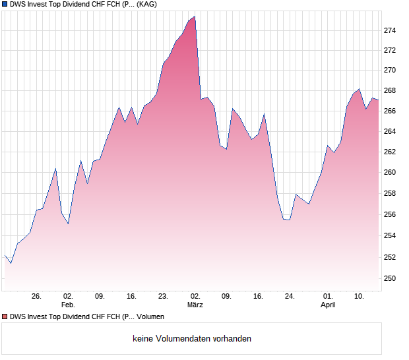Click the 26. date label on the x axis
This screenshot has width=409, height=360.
tap(36, 296)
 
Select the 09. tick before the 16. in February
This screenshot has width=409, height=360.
tap(100, 296)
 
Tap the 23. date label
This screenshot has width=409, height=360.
tap(163, 296)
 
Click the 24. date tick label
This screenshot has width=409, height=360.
tap(290, 296)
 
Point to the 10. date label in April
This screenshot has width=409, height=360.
tap(359, 296)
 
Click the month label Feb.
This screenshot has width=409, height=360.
tap(68, 305)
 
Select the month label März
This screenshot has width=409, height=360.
tap(195, 305)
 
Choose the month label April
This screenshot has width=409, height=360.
tap(328, 305)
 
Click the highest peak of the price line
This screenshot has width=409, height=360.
tap(195, 16)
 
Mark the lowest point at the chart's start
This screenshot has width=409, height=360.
tap(11, 263)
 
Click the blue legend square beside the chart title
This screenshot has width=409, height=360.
tap(5, 4)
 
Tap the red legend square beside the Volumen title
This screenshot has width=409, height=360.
tap(5, 316)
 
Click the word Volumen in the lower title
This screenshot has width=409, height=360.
tap(150, 316)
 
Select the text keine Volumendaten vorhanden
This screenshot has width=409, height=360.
tap(192, 339)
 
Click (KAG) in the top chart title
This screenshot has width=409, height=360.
tap(151, 4)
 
